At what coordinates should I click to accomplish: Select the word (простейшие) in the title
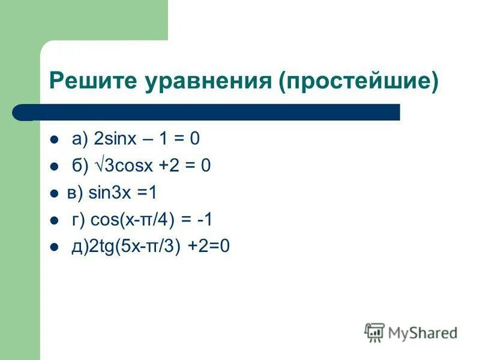coord(359,80)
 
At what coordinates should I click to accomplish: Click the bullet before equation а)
coord(55,140)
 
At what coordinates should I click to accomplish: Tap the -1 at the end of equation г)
coord(204,220)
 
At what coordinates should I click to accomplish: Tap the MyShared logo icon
coord(374,332)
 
